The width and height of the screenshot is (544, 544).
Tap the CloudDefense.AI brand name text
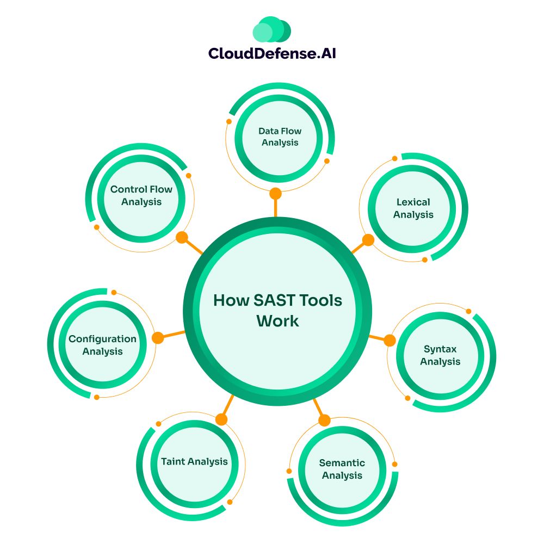pos(272,53)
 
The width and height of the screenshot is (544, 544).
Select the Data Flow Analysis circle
pos(280,137)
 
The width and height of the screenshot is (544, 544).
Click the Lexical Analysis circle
pos(413,208)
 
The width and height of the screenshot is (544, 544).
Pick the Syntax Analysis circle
pos(440,355)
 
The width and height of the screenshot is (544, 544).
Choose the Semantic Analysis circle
pos(342,469)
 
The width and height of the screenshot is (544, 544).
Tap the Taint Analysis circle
pos(194,462)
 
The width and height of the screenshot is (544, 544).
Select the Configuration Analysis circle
pos(102,345)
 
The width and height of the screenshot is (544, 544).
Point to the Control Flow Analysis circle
pos(141,196)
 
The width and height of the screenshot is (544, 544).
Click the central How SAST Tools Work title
pos(277,311)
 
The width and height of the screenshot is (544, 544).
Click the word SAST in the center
pos(262,301)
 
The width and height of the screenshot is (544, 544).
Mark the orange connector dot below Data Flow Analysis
pos(276,193)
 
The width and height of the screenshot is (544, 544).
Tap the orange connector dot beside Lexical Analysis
pos(368,240)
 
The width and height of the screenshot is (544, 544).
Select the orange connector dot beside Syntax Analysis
pos(390,341)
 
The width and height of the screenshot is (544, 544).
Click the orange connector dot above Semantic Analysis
pos(324,420)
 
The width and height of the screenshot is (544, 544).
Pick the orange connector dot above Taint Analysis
pos(221,419)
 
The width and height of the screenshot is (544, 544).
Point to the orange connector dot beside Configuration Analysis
pos(158,338)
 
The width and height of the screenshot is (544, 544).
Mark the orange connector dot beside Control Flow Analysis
pos(182,237)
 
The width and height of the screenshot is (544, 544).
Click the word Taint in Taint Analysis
pos(173,462)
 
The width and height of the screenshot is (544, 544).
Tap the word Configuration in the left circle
pos(102,339)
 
